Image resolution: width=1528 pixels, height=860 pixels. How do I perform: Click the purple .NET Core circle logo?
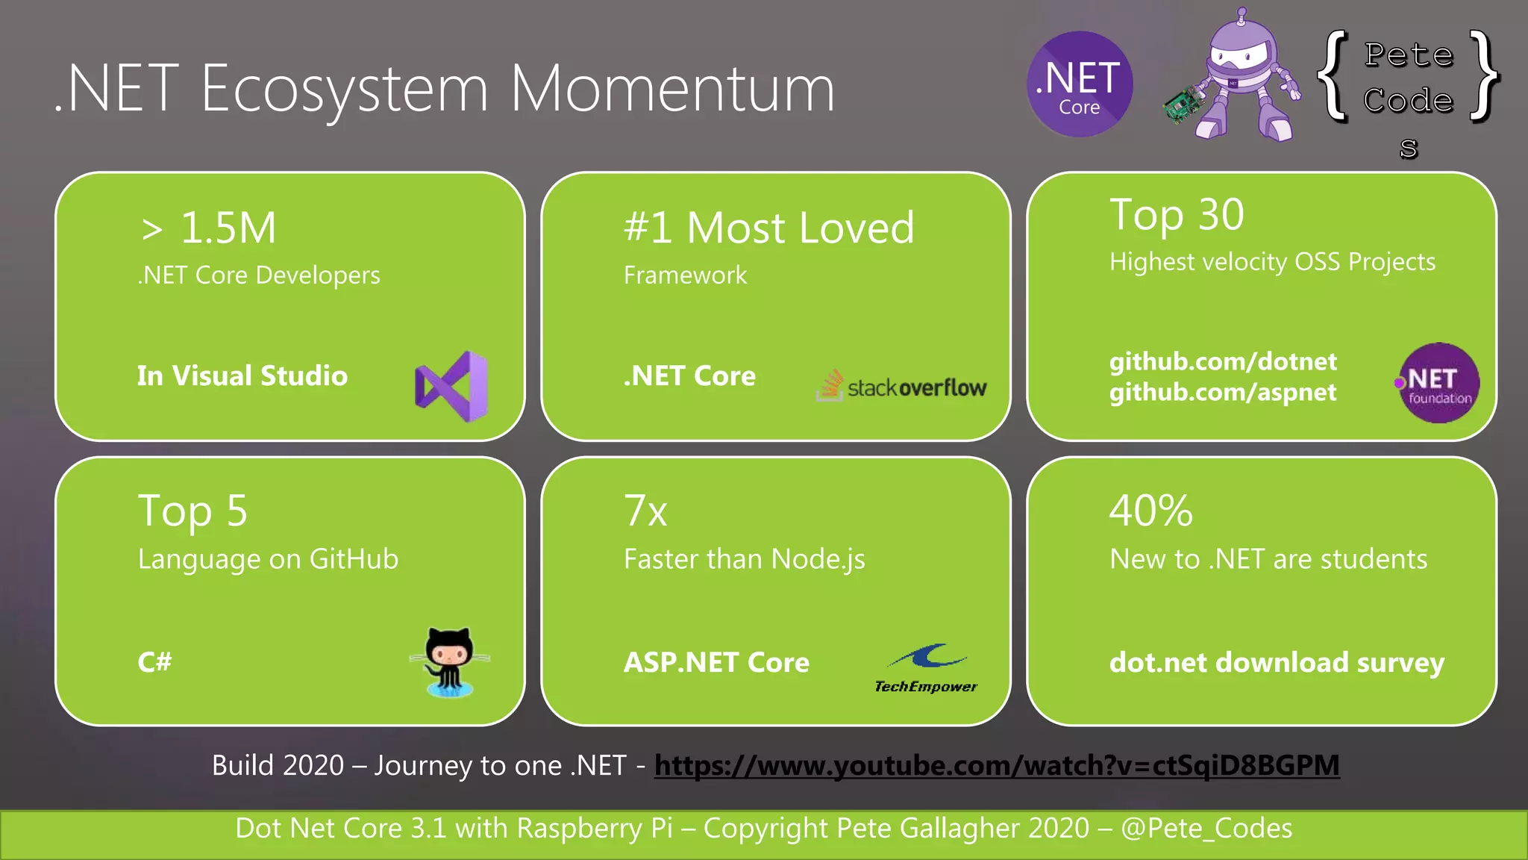point(1080,84)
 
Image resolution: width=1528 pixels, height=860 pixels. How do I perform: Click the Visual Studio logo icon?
point(451,387)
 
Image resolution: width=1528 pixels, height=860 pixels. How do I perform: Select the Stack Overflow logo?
point(901,386)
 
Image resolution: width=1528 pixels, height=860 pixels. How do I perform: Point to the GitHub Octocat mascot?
point(450,661)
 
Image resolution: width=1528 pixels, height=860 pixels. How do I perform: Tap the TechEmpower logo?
point(926,668)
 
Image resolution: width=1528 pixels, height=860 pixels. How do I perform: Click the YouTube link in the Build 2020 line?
point(997,765)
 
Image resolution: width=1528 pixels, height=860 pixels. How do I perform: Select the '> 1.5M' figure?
point(209,228)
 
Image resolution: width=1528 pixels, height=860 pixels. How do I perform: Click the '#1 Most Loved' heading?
point(768,228)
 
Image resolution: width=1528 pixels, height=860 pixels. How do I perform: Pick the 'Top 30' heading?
point(1177,216)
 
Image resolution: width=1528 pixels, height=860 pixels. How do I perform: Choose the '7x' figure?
point(645,511)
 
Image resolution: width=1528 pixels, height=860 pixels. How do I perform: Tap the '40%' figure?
point(1150,511)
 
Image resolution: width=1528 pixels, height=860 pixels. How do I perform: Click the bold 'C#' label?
point(154,662)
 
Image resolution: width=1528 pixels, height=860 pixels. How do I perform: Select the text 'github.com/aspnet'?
point(1222,392)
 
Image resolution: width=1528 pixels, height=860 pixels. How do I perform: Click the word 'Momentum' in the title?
point(671,90)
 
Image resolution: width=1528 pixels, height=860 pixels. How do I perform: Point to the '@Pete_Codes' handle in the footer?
point(1206,829)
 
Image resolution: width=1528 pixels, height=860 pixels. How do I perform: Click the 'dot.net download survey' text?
point(1277,663)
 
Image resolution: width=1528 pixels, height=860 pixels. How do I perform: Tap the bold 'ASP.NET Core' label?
point(716,663)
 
